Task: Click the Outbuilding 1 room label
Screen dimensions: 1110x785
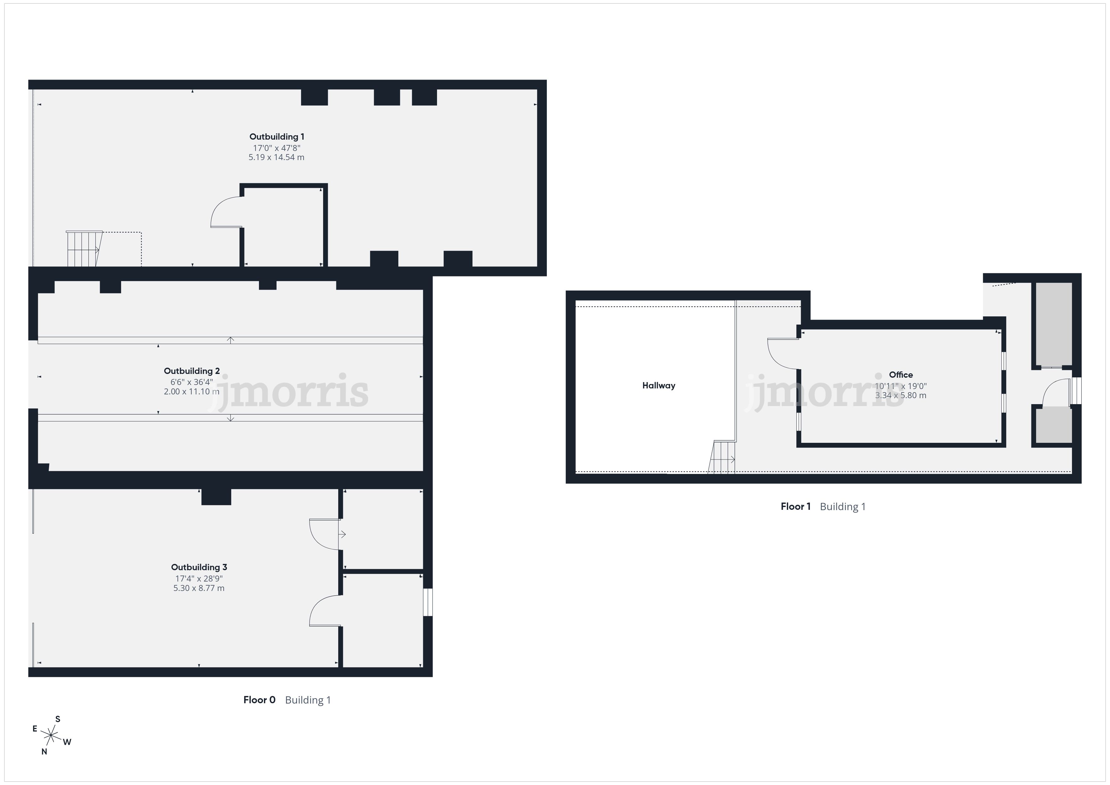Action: [x=277, y=137]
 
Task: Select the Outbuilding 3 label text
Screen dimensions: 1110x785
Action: [x=199, y=567]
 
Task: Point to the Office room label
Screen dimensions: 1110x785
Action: [x=901, y=375]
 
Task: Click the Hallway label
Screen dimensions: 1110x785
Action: [x=659, y=386]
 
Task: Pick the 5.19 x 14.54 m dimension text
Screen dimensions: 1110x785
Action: [x=277, y=158]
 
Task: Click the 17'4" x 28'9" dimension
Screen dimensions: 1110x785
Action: [x=199, y=579]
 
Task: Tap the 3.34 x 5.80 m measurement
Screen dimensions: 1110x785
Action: [x=901, y=395]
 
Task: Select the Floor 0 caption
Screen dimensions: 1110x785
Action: [x=259, y=700]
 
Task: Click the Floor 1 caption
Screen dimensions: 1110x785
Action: [x=796, y=507]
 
